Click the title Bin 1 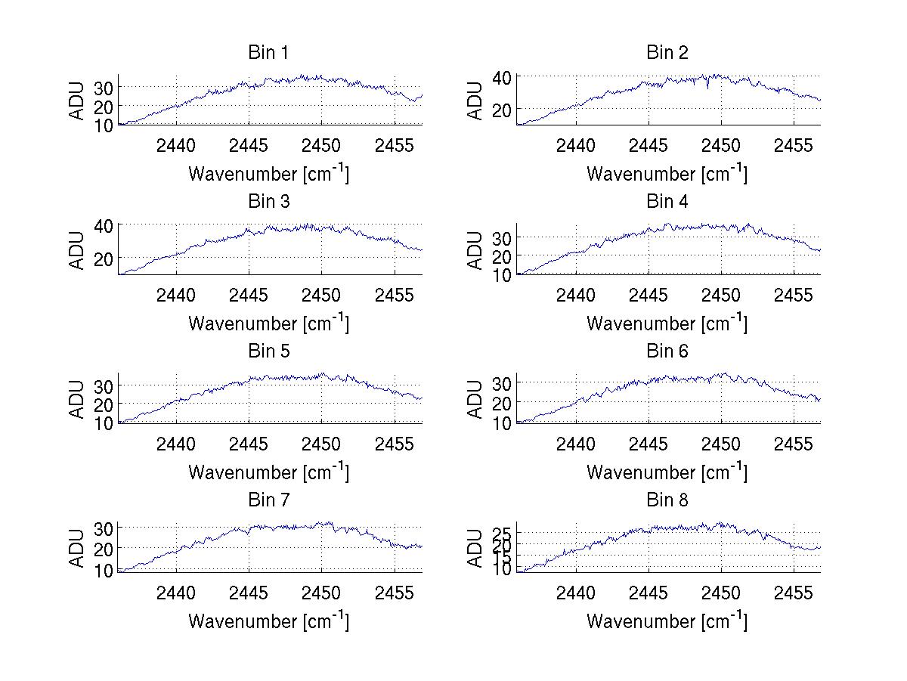[268, 53]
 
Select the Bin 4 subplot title [667, 202]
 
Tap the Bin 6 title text [667, 351]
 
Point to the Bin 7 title [268, 500]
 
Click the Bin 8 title [667, 500]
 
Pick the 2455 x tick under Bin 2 [794, 145]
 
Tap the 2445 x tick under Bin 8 [648, 592]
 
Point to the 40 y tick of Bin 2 [503, 76]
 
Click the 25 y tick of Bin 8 [503, 533]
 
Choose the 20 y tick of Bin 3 [104, 258]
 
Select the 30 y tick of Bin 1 [104, 88]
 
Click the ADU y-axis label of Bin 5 [77, 399]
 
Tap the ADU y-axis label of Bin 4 [475, 250]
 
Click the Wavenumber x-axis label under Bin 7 [268, 620]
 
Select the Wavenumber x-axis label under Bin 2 [667, 173]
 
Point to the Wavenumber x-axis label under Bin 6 [667, 472]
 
